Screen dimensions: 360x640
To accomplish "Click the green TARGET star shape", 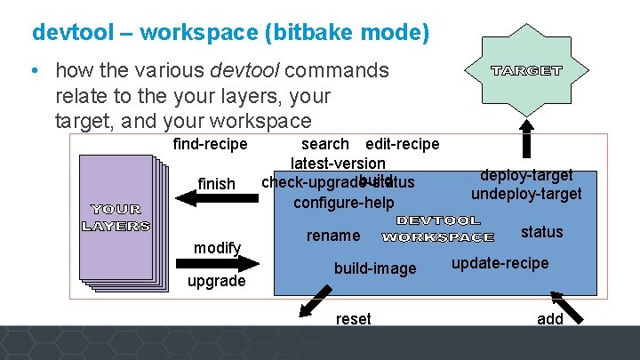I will tap(527, 70).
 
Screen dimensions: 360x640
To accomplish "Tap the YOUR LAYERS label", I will tap(116, 218).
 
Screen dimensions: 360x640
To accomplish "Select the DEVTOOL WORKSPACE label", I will tap(437, 228).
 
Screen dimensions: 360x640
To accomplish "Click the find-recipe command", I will tap(211, 144).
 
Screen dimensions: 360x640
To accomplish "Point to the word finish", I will tap(216, 184).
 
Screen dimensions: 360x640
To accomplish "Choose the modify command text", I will tap(218, 247).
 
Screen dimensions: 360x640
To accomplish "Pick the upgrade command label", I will tap(216, 281).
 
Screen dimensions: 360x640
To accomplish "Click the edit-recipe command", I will tap(402, 144).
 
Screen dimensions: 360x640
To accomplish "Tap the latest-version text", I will tap(338, 164).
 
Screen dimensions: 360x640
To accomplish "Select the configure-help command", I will tap(343, 202).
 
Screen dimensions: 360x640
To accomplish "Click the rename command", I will tap(333, 236).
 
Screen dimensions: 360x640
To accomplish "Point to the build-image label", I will tap(374, 268).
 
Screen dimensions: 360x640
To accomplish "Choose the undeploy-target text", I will tap(526, 194).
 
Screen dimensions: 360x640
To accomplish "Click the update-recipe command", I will tap(500, 263).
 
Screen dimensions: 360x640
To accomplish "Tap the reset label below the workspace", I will tap(353, 318).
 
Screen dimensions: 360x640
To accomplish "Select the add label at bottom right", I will tap(550, 318).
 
